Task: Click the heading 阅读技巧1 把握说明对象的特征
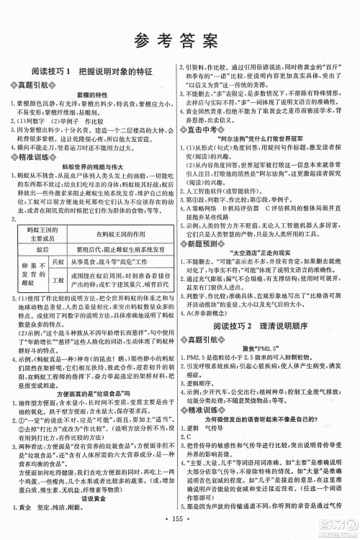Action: [90, 74]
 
